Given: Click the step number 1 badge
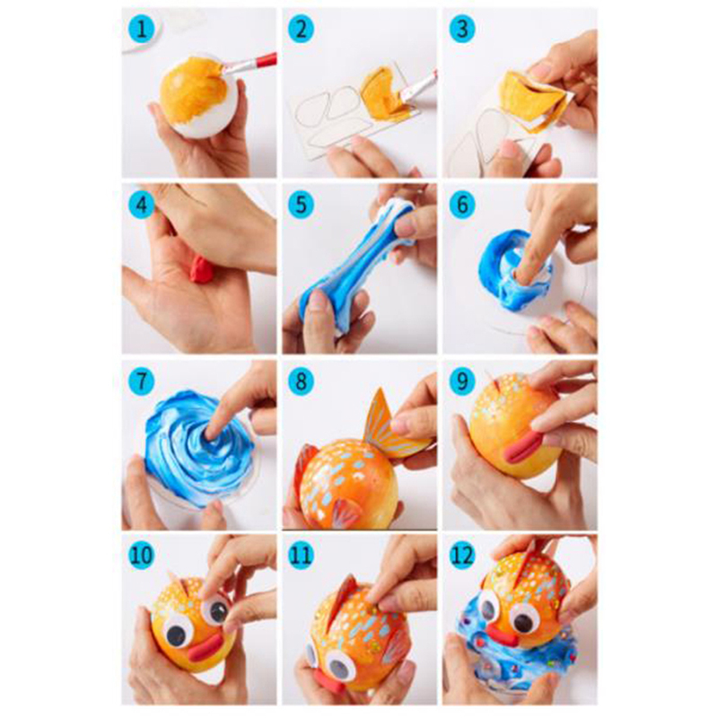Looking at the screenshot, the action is click(142, 30).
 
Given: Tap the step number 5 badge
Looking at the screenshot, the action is click(301, 205).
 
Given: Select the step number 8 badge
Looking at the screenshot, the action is click(301, 381).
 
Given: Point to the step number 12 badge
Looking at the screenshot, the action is click(461, 556).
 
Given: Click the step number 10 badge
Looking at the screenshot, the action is click(141, 556).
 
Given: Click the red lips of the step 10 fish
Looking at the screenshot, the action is click(206, 648).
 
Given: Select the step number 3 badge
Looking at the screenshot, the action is click(461, 30).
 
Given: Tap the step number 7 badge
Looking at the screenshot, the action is click(142, 381).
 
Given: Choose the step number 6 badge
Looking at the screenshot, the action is click(461, 205).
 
